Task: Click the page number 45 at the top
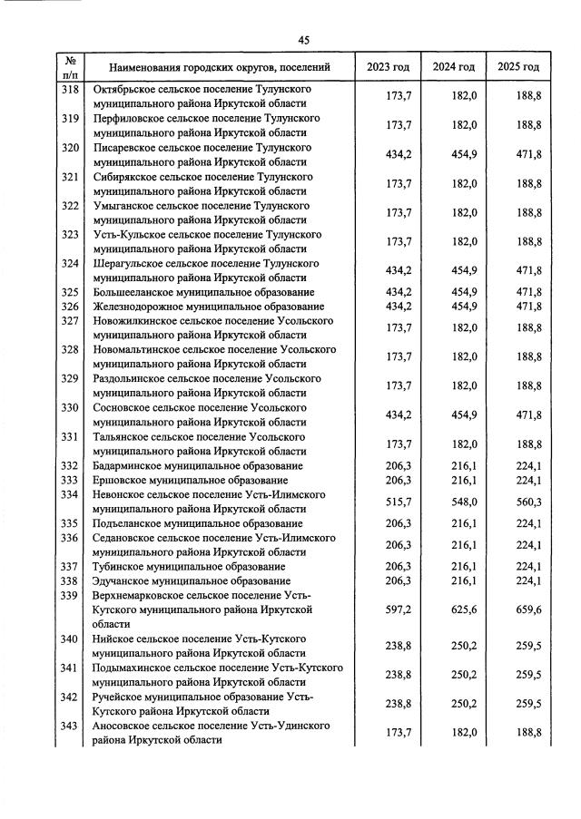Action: coord(304,39)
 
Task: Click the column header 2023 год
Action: coord(388,67)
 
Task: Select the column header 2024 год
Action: coord(453,67)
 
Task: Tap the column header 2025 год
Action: coord(518,67)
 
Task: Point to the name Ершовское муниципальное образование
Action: coord(186,480)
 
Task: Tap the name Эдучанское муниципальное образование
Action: coord(189,580)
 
